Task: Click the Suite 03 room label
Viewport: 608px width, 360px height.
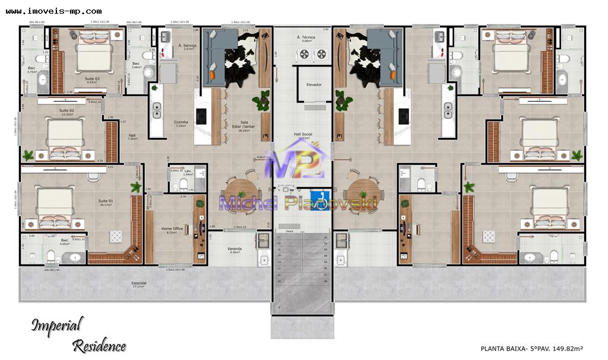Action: [x=92, y=79]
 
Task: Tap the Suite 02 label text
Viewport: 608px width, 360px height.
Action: [x=66, y=110]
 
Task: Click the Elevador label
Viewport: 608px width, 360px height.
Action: [x=313, y=84]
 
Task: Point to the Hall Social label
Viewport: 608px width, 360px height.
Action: [x=303, y=134]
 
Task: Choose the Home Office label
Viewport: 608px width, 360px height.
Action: [x=172, y=229]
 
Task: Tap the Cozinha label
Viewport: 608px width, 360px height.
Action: [x=181, y=122]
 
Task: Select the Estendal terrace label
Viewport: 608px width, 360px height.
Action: [x=139, y=283]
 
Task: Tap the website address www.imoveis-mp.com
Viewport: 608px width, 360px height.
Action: [x=53, y=11]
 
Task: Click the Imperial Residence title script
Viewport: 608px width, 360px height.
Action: [x=77, y=334]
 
